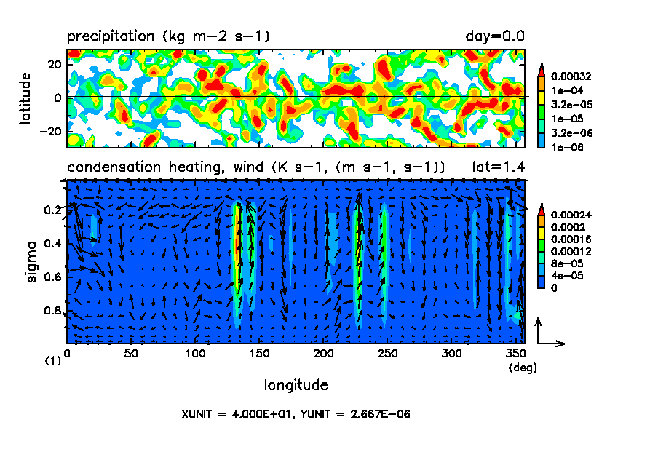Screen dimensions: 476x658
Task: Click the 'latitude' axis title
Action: pyautogui.click(x=25, y=98)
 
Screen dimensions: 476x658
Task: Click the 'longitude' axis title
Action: pyautogui.click(x=296, y=384)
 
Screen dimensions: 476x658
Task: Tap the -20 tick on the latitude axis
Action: pyautogui.click(x=49, y=131)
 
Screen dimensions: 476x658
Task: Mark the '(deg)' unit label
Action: pyautogui.click(x=523, y=368)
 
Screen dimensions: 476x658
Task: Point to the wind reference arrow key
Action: pyautogui.click(x=548, y=333)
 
